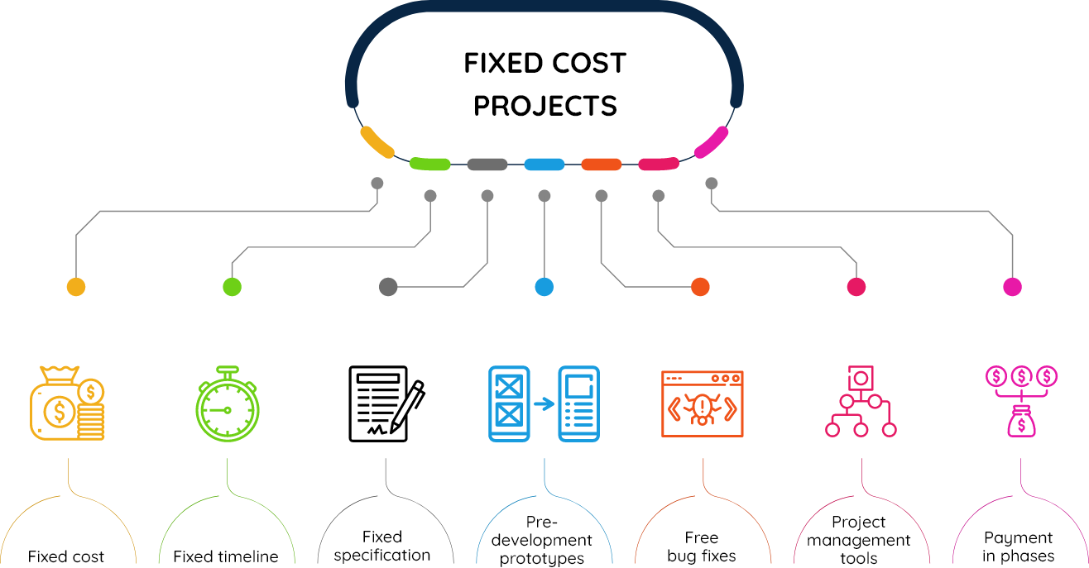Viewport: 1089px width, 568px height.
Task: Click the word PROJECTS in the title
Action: coord(545,106)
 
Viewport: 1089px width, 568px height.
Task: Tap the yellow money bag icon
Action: coord(66,403)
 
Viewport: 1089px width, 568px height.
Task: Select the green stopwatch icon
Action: coord(227,403)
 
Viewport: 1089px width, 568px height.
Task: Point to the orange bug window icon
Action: coord(702,404)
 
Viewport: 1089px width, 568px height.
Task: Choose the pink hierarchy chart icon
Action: coord(861,401)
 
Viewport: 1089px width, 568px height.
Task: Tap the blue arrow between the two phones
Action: coord(544,403)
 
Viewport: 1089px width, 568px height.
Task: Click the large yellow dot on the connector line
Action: coord(76,287)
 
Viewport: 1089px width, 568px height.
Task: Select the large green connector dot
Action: coord(232,287)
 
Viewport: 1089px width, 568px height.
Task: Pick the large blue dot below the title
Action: coord(544,287)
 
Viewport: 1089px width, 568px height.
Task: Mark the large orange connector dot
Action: coord(700,287)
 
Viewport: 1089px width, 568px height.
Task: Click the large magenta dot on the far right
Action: coord(1012,287)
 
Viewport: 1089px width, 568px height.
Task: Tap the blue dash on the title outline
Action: coord(544,165)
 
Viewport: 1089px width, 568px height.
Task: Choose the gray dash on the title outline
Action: coord(487,165)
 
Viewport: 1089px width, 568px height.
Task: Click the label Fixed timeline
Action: coord(226,556)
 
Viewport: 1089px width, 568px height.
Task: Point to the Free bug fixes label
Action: coord(702,547)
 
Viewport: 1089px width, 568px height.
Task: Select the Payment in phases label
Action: coord(1018,547)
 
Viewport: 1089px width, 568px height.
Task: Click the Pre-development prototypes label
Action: coord(541,540)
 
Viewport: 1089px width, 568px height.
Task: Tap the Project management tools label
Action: coord(859,540)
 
